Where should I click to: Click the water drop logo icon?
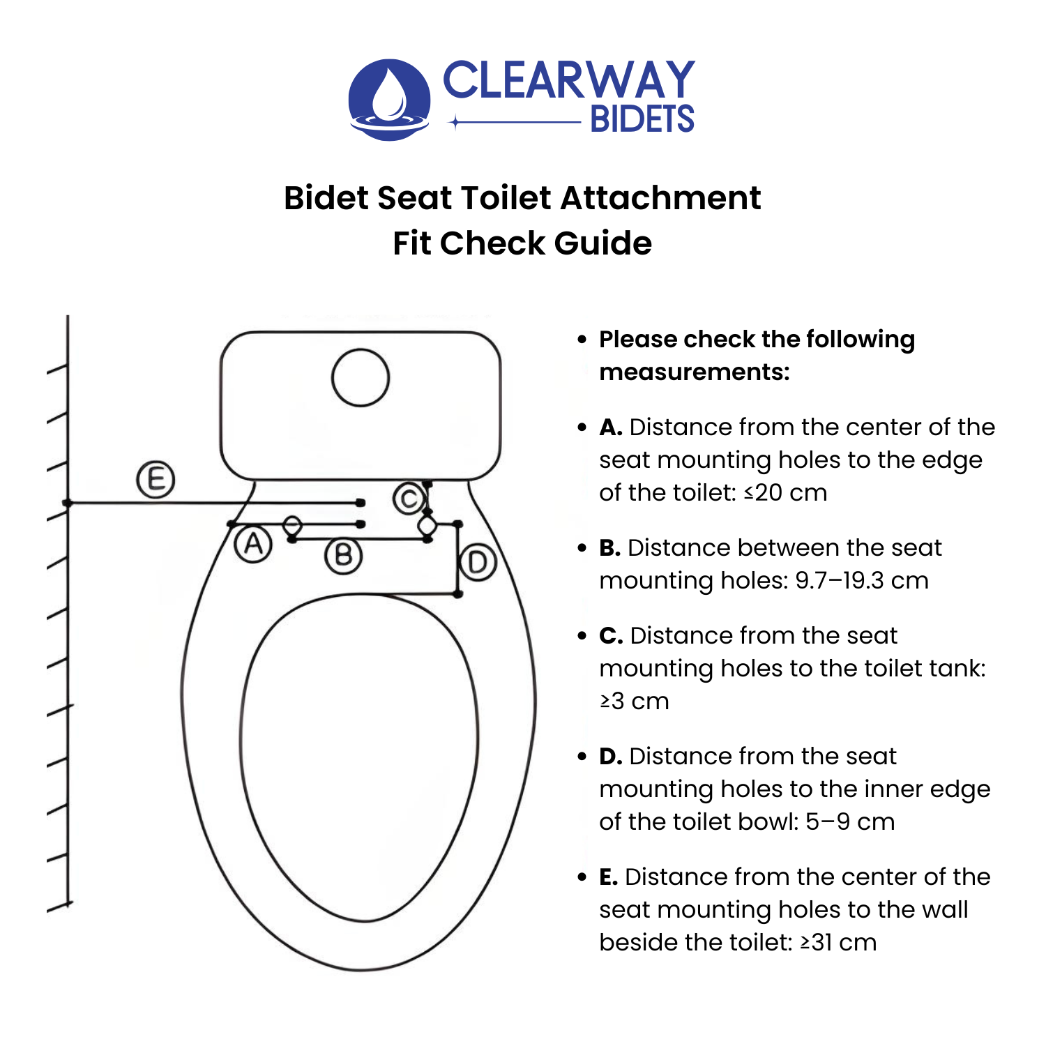(x=389, y=99)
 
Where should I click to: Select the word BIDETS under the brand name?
(x=642, y=120)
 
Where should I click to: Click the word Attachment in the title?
(x=660, y=198)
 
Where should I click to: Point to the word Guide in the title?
(x=602, y=243)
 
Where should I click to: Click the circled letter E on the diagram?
(x=155, y=480)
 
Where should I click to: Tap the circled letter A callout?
(x=253, y=544)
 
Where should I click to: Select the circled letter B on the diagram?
(x=343, y=556)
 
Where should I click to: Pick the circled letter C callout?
(x=409, y=499)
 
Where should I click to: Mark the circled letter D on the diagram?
(x=478, y=562)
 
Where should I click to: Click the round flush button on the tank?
(x=361, y=378)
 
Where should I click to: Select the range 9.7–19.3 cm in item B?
(x=862, y=581)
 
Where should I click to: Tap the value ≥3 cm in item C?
(x=635, y=702)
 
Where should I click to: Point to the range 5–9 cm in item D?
(x=850, y=822)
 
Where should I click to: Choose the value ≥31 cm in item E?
(x=838, y=943)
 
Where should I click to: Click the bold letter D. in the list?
(x=611, y=757)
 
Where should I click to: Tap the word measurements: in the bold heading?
(x=695, y=372)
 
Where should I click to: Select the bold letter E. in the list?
(x=609, y=877)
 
